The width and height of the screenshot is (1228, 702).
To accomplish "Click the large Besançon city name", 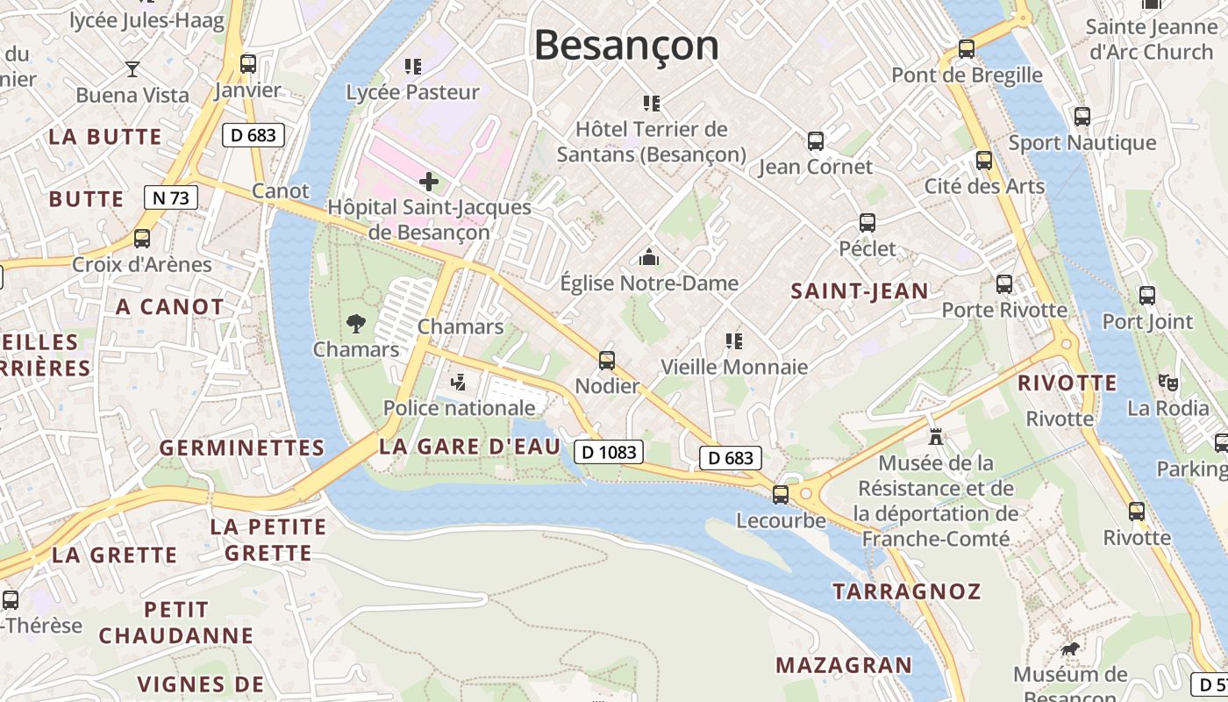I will click(625, 46).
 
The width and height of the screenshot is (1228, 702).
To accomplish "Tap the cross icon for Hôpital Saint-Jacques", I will click(429, 182).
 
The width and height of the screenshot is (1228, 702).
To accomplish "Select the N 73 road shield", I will click(170, 197).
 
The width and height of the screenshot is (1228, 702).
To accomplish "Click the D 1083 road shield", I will click(609, 452).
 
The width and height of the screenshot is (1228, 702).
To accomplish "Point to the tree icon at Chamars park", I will click(356, 324).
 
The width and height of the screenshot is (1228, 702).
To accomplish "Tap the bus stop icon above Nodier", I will click(606, 360).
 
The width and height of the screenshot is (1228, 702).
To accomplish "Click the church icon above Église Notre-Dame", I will click(649, 257).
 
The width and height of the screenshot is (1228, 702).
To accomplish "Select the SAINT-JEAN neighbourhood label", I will click(859, 291).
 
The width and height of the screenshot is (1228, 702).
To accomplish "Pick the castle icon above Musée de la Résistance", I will click(936, 436).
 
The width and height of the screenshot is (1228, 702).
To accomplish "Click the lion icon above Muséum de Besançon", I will click(1069, 649).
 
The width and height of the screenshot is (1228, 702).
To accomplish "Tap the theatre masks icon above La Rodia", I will click(1167, 382).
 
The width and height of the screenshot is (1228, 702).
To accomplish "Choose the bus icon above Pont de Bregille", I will click(967, 49).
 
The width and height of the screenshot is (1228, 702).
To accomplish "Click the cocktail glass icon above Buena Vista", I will click(132, 68).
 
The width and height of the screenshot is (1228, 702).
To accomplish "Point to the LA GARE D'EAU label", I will click(469, 447).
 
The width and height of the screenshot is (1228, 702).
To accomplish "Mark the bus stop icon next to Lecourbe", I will click(780, 494).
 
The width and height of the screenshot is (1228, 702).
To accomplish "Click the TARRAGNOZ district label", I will click(906, 591).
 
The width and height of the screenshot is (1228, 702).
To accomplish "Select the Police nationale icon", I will click(457, 382).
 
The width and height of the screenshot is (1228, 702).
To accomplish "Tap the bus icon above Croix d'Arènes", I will click(141, 239).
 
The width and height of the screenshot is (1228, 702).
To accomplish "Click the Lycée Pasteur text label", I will click(412, 92).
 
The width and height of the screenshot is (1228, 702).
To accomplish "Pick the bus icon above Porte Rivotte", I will click(1004, 284).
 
